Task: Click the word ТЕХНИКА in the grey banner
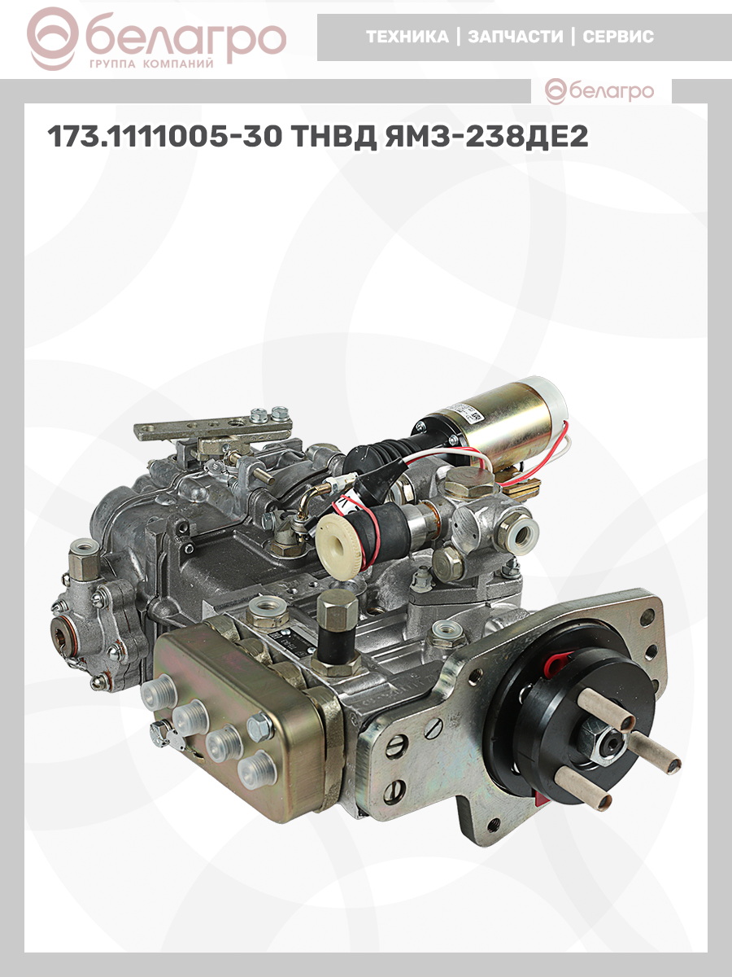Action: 407,37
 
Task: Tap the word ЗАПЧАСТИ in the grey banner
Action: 516,37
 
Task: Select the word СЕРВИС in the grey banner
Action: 618,37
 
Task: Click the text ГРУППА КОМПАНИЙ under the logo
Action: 151,64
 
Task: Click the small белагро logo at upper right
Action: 599,91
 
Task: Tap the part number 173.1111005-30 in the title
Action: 164,136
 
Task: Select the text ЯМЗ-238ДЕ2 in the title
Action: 486,136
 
